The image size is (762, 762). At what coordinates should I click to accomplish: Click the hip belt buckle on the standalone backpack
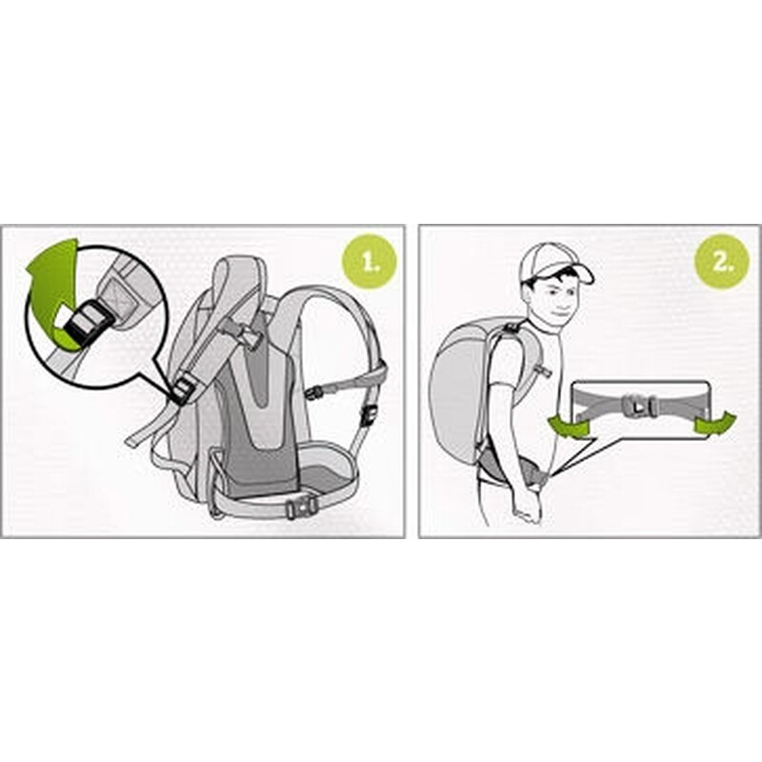coord(302,507)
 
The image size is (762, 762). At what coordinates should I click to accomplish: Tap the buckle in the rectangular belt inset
coord(640,407)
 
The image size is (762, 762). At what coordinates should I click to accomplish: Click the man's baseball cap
coord(554,265)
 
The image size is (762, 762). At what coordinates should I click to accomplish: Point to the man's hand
coord(529,508)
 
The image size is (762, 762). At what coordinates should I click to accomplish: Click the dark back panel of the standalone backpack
coord(263,413)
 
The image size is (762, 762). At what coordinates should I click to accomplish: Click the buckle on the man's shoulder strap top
coord(511,326)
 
